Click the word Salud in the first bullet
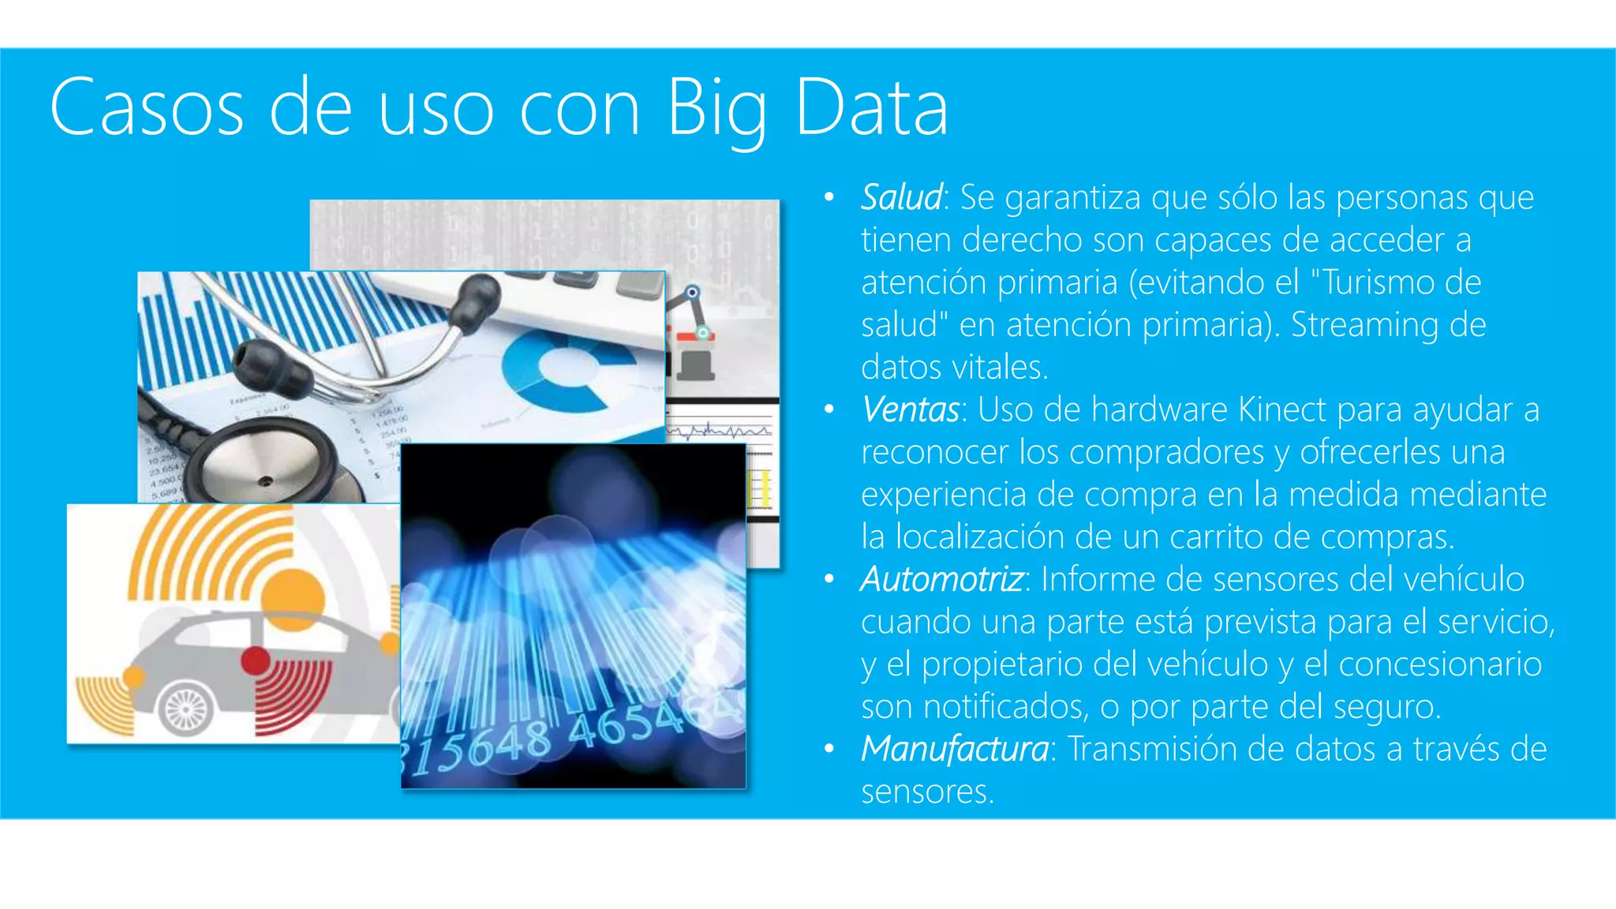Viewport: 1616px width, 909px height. [x=901, y=197]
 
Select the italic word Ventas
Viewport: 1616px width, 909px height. [x=910, y=410]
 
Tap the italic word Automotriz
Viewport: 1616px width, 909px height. [x=942, y=579]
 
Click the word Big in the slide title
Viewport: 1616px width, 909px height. [x=716, y=108]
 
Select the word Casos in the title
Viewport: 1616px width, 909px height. [x=147, y=108]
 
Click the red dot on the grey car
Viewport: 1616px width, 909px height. [x=256, y=660]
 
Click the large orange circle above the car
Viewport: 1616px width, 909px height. [x=293, y=599]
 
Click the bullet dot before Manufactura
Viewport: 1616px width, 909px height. [x=829, y=749]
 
